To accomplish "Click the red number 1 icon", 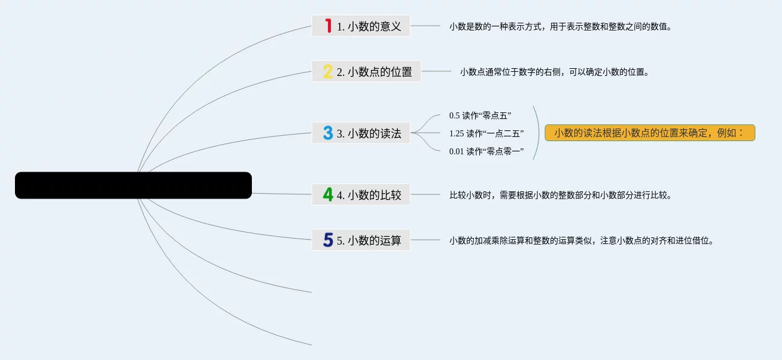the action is pyautogui.click(x=328, y=26).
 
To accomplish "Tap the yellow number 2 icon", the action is pyautogui.click(x=328, y=72).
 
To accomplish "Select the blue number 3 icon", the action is pyautogui.click(x=328, y=133).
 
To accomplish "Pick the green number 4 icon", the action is pyautogui.click(x=328, y=194).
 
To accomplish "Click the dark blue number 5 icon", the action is pyautogui.click(x=328, y=240).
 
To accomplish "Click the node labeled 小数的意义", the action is pyautogui.click(x=369, y=26).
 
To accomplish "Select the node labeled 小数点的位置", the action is pyautogui.click(x=374, y=72).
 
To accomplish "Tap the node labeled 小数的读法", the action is pyautogui.click(x=369, y=133).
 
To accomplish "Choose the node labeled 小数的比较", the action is pyautogui.click(x=369, y=194).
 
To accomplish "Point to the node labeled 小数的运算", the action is pyautogui.click(x=369, y=240).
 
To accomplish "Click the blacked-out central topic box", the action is pyautogui.click(x=133, y=185).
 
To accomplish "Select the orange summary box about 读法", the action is pyautogui.click(x=650, y=133).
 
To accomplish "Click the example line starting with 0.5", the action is pyautogui.click(x=480, y=115).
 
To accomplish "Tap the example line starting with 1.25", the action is pyautogui.click(x=486, y=133).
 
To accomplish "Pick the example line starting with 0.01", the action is pyautogui.click(x=486, y=151).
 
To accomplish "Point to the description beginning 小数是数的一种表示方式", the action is pyautogui.click(x=561, y=26).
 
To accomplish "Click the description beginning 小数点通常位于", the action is pyautogui.click(x=554, y=72).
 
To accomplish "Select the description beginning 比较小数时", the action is pyautogui.click(x=561, y=195).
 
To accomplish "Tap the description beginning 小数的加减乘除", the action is pyautogui.click(x=581, y=241).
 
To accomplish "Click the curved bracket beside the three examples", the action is pyautogui.click(x=537, y=133).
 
